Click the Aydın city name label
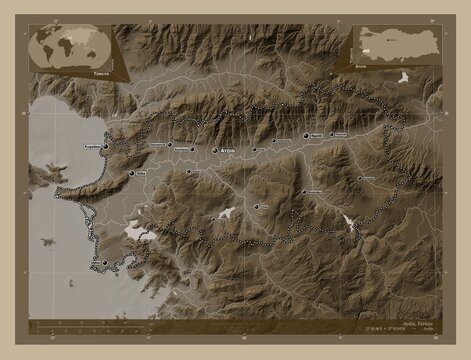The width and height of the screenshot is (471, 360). pyautogui.click(x=232, y=150)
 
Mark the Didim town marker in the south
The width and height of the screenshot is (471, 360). pyautogui.click(x=104, y=262)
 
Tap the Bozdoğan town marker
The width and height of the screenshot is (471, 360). pyautogui.click(x=304, y=193)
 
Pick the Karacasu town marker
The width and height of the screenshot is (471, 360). pyautogui.click(x=361, y=180)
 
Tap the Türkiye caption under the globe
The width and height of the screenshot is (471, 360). pyautogui.click(x=73, y=72)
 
